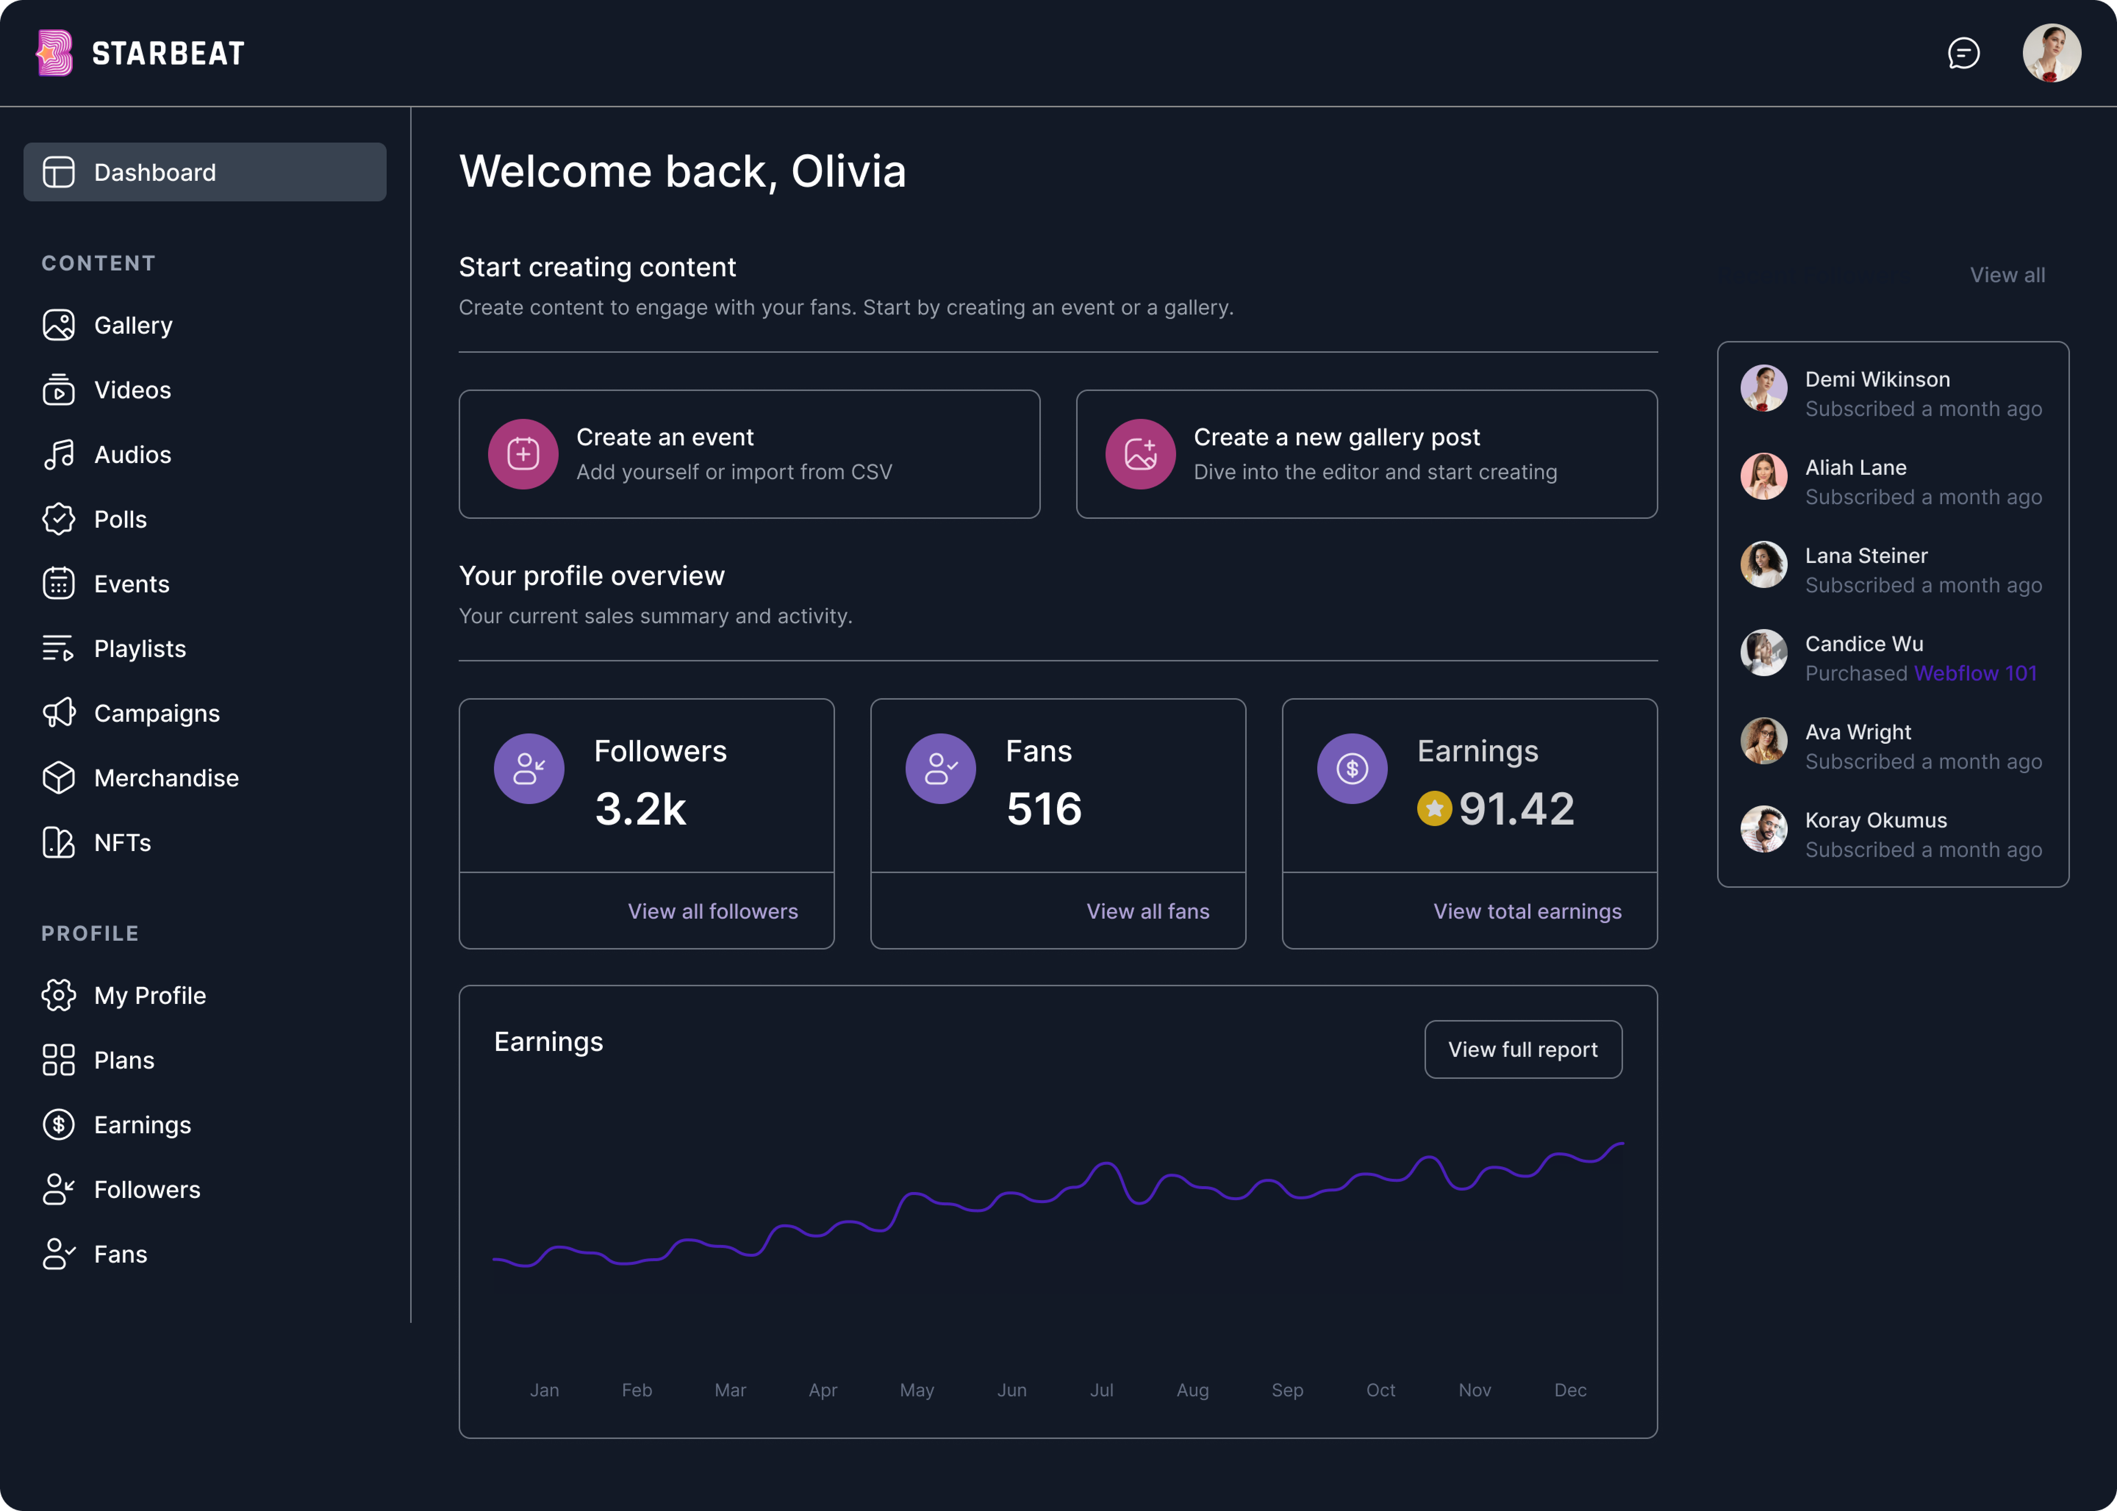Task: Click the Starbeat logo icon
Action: pos(54,53)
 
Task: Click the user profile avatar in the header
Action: pos(2051,53)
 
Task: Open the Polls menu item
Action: pos(120,519)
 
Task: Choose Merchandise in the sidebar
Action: pos(166,778)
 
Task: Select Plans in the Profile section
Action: pos(124,1060)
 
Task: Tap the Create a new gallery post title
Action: pos(1336,437)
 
